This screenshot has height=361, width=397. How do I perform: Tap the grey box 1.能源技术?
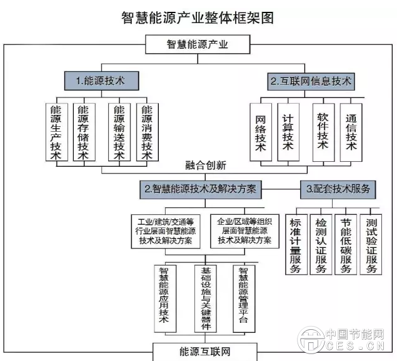[100, 81]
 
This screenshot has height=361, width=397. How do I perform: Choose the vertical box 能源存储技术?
[84, 132]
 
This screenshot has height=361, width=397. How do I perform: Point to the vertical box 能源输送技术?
[119, 132]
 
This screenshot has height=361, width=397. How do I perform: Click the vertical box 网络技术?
[261, 132]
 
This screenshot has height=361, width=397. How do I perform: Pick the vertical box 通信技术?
[351, 131]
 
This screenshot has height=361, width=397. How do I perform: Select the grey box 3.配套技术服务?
[338, 188]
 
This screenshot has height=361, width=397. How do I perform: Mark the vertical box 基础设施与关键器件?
[207, 298]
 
